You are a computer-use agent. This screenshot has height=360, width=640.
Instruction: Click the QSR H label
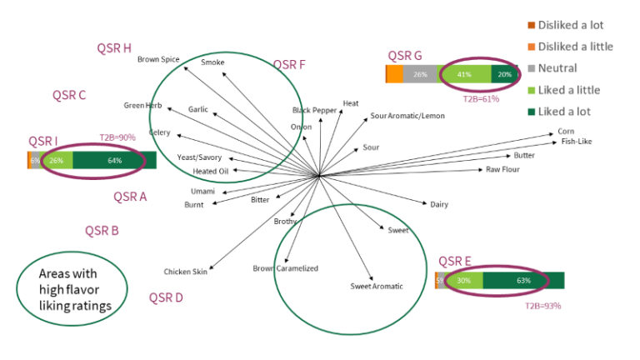click(114, 48)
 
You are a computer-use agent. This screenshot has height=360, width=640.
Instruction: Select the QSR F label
click(289, 64)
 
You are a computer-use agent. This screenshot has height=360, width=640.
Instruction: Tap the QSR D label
click(166, 297)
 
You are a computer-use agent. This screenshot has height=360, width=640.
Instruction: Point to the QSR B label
click(102, 231)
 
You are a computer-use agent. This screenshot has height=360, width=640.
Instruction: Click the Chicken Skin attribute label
click(186, 271)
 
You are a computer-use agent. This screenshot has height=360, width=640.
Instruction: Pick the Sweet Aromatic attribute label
click(376, 287)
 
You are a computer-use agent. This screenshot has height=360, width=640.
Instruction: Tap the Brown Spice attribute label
click(158, 59)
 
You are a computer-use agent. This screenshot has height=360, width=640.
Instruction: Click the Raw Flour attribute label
click(503, 170)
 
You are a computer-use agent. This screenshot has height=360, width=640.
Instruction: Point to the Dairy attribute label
click(439, 204)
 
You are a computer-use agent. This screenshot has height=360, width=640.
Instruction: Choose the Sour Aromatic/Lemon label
click(407, 116)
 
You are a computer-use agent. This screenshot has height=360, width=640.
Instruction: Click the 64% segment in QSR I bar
click(114, 160)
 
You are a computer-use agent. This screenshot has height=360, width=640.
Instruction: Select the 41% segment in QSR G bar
click(464, 74)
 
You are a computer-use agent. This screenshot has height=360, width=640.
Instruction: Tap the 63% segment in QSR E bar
click(523, 281)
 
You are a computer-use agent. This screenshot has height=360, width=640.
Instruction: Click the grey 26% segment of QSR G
click(420, 74)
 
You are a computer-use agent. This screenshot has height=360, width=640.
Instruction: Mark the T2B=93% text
click(542, 306)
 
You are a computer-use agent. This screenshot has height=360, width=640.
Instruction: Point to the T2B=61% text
click(481, 98)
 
